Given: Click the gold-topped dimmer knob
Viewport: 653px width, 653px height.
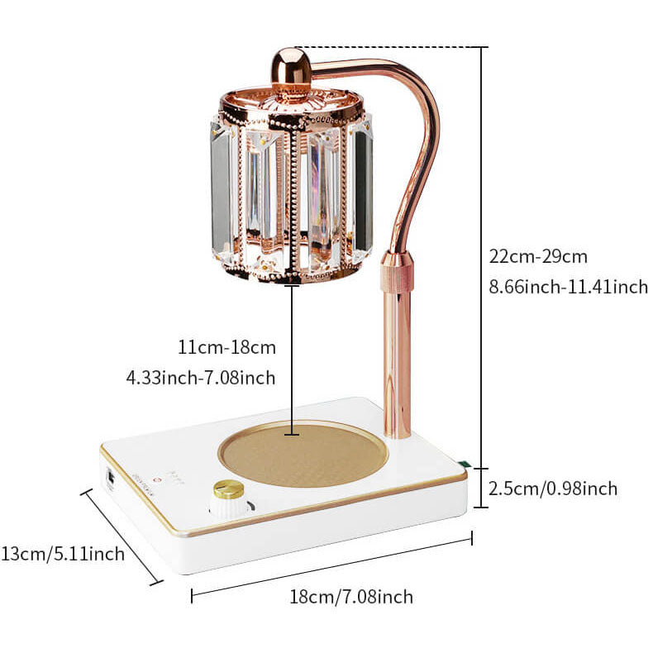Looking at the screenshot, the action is (230, 499).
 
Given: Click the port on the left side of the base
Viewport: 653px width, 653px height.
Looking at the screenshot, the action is (111, 479).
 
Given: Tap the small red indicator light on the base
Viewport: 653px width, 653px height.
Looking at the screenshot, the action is (157, 480).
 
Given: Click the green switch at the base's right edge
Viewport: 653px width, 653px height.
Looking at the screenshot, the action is (463, 463).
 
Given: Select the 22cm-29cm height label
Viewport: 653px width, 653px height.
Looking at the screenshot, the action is (537, 256).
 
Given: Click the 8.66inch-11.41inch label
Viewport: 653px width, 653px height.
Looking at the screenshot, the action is (568, 287).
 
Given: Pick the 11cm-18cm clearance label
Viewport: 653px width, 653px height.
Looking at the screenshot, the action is (227, 347).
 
